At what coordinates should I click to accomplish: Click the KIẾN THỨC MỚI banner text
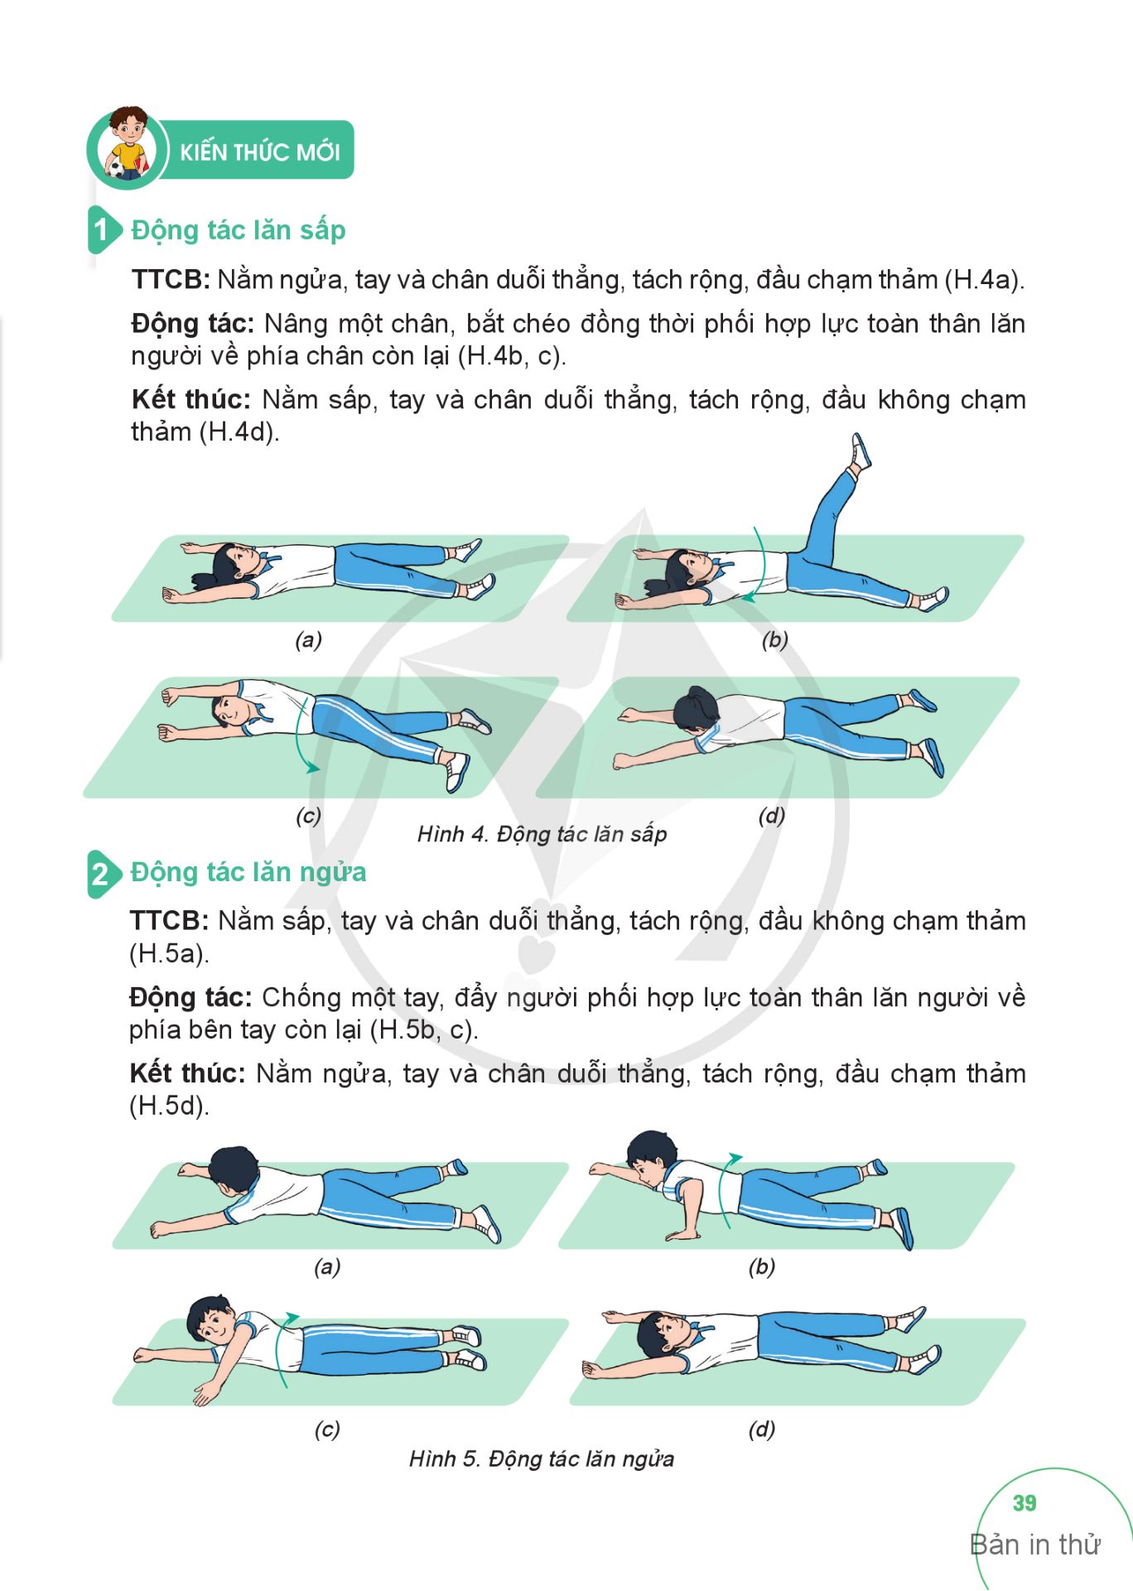click(259, 152)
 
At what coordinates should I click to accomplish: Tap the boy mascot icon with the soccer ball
click(127, 144)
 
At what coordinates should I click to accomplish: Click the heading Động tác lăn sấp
click(239, 230)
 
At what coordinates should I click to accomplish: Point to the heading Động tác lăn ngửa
click(248, 873)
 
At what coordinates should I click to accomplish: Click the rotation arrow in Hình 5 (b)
click(725, 1188)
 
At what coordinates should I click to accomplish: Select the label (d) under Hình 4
click(772, 816)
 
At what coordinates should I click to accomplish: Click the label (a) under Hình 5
click(327, 1266)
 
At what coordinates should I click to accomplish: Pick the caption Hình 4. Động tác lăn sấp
click(542, 834)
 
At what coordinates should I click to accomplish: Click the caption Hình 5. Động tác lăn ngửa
click(542, 1458)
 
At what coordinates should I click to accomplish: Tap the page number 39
click(1025, 1503)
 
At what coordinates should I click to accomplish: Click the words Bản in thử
click(1035, 1545)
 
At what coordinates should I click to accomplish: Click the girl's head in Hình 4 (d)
click(697, 709)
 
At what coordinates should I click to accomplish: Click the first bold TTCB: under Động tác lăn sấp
click(171, 280)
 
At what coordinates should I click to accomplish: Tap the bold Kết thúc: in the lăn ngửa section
click(188, 1073)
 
